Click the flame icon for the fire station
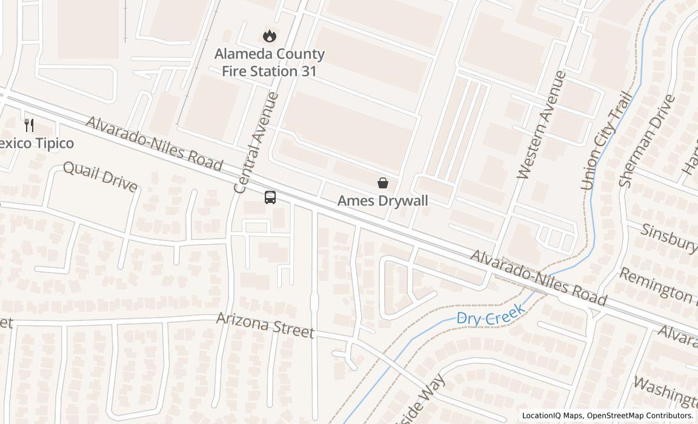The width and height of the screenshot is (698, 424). pos(270,36)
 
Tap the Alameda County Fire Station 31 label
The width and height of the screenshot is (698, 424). pos(270,62)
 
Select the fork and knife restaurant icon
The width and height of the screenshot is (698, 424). pos(29,125)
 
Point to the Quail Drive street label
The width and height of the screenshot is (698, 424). pos(100,176)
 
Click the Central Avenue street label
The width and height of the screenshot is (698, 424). pos(256,143)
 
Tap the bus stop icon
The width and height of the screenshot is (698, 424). pos(270,197)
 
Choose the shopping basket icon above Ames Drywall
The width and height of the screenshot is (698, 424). pos(383,183)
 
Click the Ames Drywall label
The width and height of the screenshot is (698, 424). pos(383,200)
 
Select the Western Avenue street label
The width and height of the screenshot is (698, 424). pos(542,125)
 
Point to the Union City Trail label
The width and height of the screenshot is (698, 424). pos(607,141)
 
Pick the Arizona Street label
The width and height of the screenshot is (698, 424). pos(265,325)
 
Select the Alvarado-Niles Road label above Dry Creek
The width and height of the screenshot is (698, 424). pos(538,278)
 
